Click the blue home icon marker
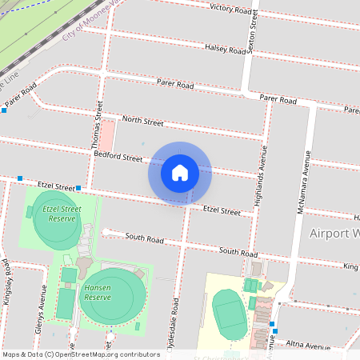pos(180,172)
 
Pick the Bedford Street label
pos(118,156)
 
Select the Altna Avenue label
pos(308,346)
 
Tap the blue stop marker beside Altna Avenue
pos(274,330)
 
